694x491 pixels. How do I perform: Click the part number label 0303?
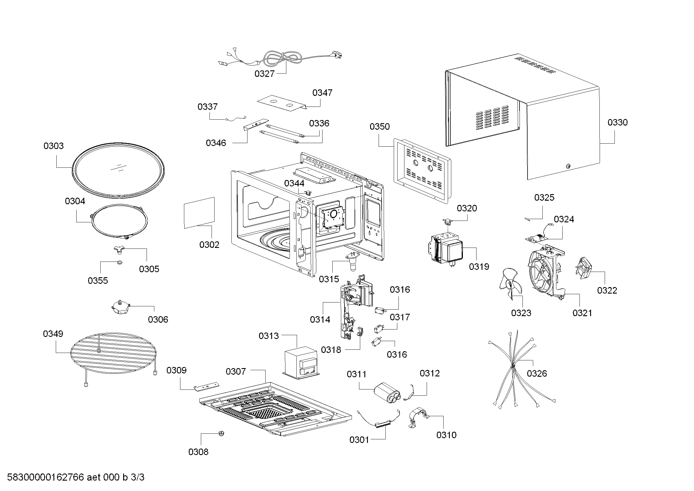53,146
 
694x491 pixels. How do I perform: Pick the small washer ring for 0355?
119,262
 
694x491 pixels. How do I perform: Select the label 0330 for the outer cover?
617,122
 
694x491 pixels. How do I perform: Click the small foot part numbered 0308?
221,433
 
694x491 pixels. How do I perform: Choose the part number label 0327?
264,74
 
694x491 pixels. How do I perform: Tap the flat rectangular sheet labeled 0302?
199,212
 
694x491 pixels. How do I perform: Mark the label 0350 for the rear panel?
379,127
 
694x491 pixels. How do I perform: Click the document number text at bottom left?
76,477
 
